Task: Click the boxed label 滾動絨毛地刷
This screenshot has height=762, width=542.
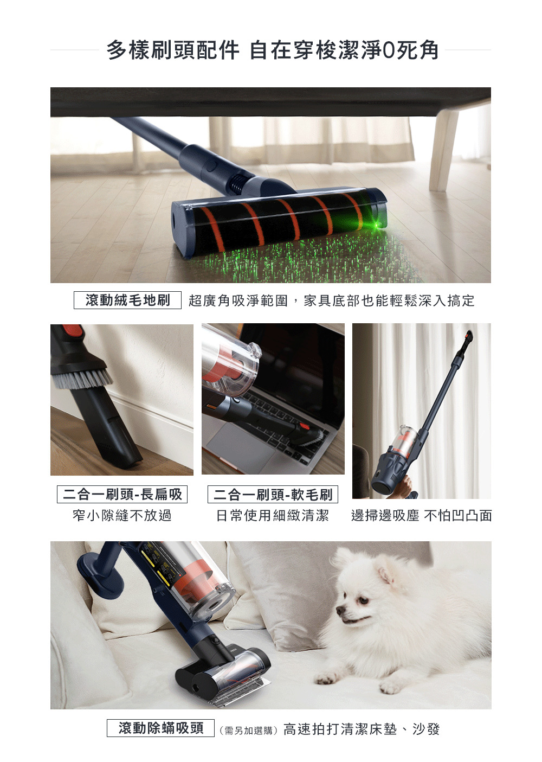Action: pos(127,300)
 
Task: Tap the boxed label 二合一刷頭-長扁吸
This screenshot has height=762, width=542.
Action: pos(122,494)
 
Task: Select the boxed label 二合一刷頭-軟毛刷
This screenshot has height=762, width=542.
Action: pos(273,494)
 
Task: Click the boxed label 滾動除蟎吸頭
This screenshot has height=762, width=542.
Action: pos(160,728)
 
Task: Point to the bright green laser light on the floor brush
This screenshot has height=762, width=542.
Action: pos(377,225)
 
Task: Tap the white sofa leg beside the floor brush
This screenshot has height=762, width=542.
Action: pos(443,150)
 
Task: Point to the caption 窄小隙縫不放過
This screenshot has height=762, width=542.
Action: pos(122,516)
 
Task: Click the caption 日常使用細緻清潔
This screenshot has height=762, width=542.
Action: pos(273,516)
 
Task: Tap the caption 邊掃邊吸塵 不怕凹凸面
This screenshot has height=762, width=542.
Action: pos(422,516)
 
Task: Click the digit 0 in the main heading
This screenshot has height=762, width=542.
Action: pos(388,50)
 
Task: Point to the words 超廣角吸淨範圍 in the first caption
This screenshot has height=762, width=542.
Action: pos(238,300)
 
